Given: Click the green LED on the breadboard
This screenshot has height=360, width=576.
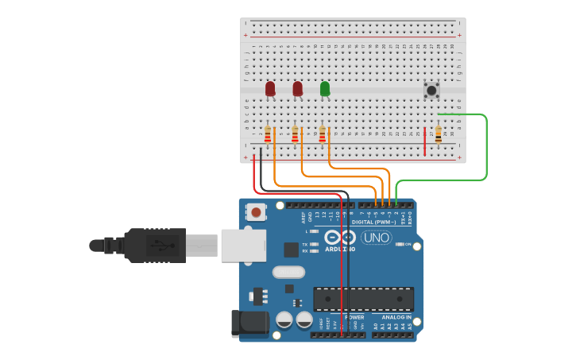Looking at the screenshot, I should pyautogui.click(x=325, y=88).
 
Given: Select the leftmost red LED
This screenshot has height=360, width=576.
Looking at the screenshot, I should pyautogui.click(x=270, y=88).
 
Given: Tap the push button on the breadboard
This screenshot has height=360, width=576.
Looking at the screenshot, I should pyautogui.click(x=431, y=90).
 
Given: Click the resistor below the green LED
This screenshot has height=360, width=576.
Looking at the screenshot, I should pyautogui.click(x=323, y=134).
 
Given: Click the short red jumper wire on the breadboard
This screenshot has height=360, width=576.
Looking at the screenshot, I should pyautogui.click(x=425, y=141).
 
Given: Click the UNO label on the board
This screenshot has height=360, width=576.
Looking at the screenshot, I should pyautogui.click(x=377, y=238).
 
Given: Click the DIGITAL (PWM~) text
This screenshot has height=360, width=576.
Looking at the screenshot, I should pyautogui.click(x=373, y=222).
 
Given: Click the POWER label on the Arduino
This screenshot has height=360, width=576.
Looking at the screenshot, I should pyautogui.click(x=354, y=317).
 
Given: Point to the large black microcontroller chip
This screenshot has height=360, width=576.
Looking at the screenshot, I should pyautogui.click(x=363, y=299).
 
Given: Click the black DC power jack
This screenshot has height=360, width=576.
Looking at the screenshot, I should pyautogui.click(x=248, y=323).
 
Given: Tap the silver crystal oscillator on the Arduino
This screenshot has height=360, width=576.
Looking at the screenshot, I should pyautogui.click(x=288, y=272).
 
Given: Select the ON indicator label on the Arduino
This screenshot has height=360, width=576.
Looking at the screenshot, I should pyautogui.click(x=408, y=244).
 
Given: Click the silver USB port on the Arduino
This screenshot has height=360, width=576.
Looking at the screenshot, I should pyautogui.click(x=243, y=246).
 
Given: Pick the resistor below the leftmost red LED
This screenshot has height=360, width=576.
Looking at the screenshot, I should pyautogui.click(x=268, y=134).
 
